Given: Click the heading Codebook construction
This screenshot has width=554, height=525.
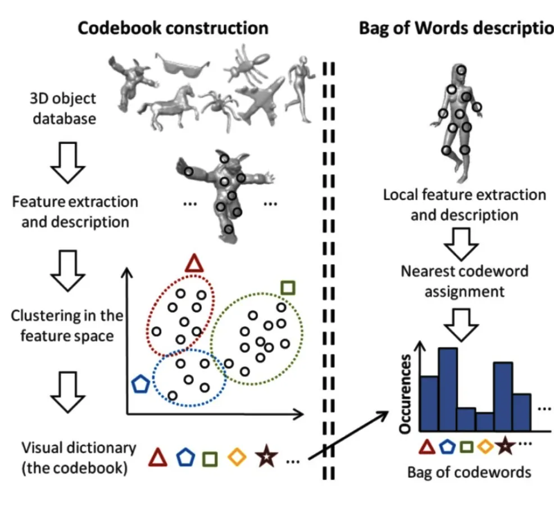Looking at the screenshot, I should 172,28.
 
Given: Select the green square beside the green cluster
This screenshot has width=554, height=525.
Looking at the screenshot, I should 288,288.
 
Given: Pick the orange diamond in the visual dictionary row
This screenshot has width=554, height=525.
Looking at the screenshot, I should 237,458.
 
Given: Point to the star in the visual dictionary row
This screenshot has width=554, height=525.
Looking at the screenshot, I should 264,458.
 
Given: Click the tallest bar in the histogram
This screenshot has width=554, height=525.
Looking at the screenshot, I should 448,390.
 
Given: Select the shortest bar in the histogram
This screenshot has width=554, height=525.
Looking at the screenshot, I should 485,422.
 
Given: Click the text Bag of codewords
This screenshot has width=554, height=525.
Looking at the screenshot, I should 469,472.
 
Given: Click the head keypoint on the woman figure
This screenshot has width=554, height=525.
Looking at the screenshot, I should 461,71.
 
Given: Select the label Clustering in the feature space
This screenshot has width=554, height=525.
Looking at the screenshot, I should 67,325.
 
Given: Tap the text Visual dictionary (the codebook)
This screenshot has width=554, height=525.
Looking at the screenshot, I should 79,458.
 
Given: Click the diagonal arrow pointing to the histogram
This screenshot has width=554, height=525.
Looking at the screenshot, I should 348,435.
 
